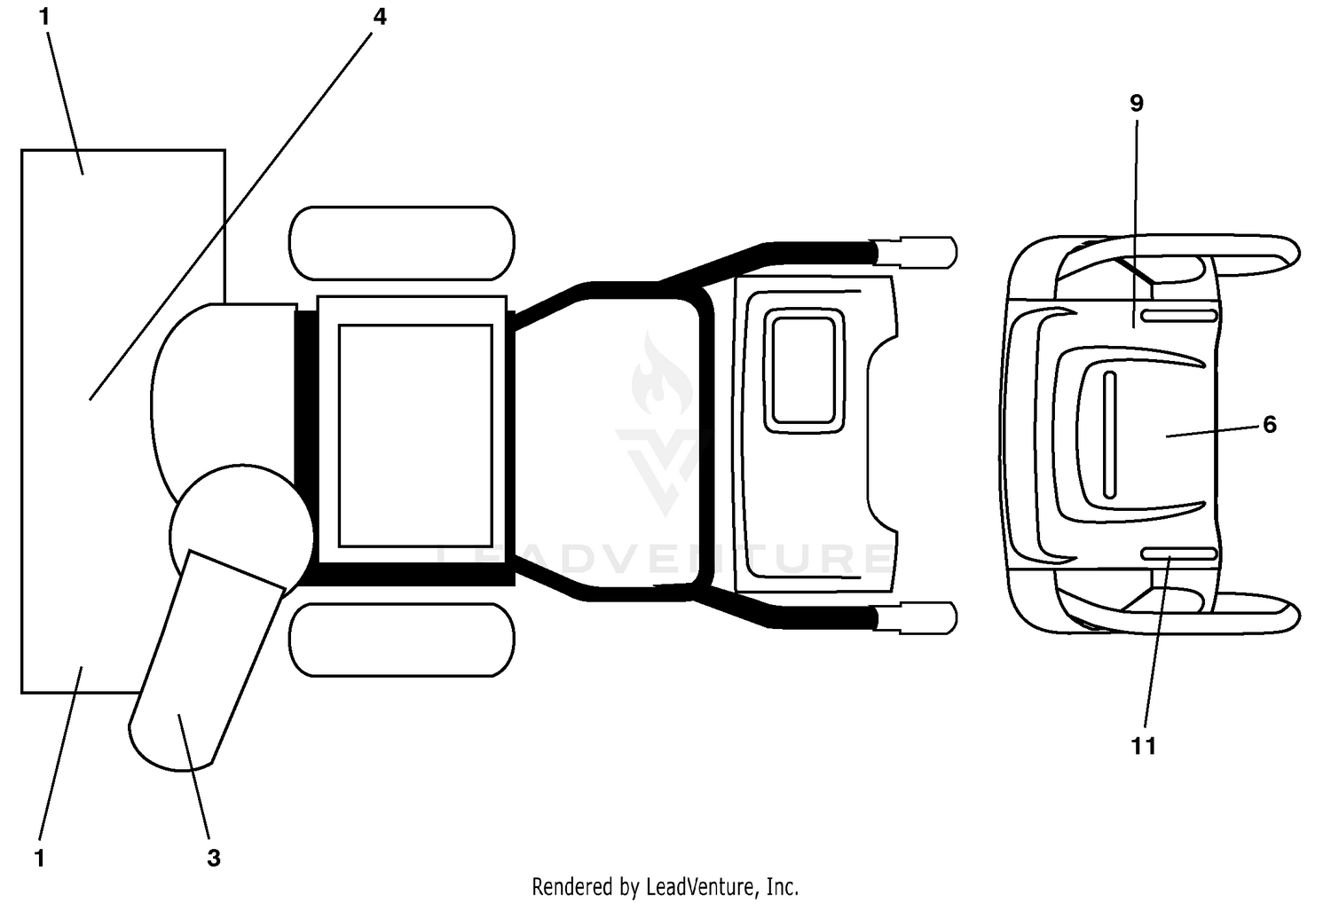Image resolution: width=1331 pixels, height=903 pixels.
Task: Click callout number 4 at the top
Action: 380,17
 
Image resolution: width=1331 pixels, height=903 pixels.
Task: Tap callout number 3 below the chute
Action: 214,858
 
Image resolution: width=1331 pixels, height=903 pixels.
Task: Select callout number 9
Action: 1136,104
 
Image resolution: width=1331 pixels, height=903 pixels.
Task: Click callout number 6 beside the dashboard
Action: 1269,424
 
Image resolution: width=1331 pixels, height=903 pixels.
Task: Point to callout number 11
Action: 1144,746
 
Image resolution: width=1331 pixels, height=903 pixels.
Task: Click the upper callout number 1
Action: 44,17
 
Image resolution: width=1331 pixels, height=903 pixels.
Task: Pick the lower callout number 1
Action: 40,859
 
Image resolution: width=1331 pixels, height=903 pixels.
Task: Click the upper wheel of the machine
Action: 402,243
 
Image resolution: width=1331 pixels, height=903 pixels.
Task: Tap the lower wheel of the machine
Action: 402,640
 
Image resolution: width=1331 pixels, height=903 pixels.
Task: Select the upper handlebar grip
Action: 915,252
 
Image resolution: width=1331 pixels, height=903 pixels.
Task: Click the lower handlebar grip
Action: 915,618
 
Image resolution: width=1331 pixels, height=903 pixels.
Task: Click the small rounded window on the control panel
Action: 804,370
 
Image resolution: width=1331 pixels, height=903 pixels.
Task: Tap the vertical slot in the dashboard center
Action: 1109,435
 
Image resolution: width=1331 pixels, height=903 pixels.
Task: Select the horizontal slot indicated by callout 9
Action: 1179,316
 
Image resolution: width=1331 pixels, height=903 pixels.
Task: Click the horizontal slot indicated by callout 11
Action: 1179,554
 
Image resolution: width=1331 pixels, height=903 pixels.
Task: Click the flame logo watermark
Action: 661,375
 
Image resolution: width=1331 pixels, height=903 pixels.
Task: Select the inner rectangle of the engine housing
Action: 415,436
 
